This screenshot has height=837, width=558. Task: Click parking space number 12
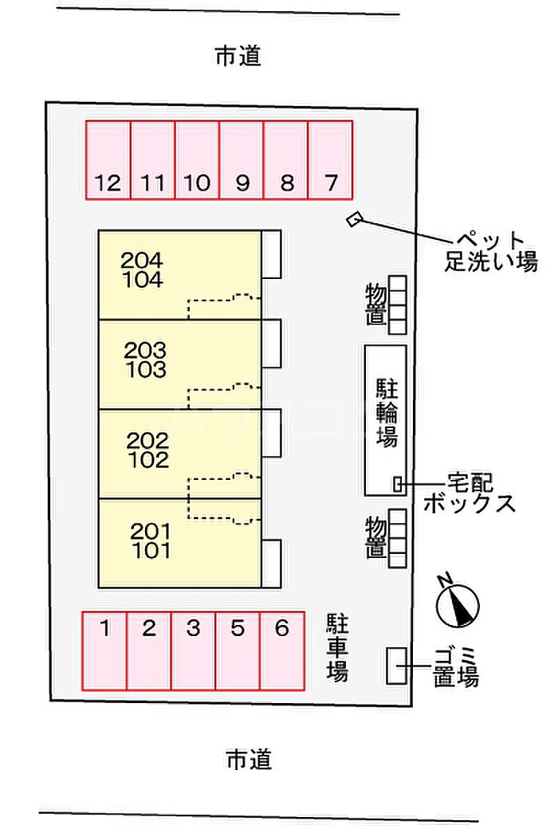[108, 159]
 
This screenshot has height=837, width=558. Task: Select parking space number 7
[330, 159]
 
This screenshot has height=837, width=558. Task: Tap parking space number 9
[242, 159]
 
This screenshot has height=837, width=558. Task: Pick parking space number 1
[104, 650]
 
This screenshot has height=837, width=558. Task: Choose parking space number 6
[281, 650]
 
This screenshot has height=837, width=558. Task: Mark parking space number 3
[193, 650]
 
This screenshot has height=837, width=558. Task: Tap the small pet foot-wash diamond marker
[354, 218]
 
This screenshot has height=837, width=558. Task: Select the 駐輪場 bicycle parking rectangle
[386, 419]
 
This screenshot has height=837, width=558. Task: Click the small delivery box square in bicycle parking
[398, 483]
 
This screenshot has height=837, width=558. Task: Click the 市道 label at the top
[238, 57]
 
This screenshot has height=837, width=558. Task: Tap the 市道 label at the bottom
[248, 760]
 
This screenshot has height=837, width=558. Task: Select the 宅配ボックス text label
[470, 493]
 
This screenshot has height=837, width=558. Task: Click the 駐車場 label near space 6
[337, 647]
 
